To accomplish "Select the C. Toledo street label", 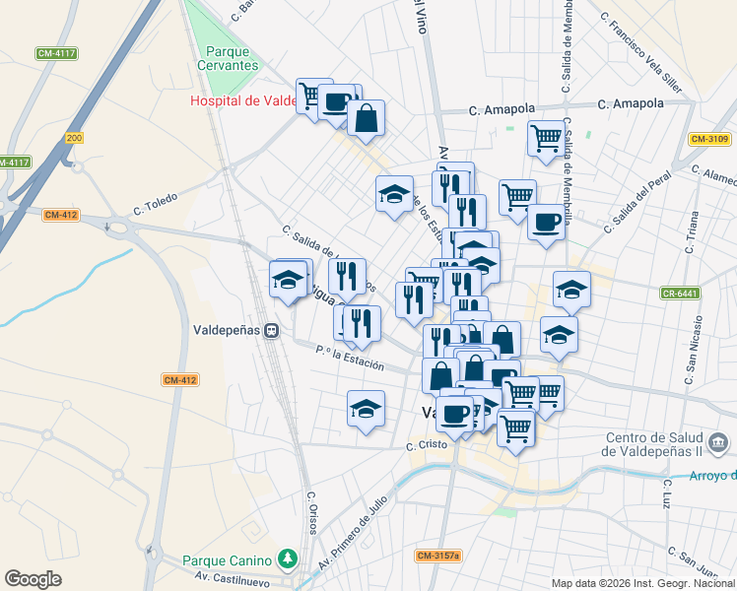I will point(155,204).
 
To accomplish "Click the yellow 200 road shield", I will point(74,138).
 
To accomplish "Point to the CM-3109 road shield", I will point(708,139).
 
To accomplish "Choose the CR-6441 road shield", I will point(679,293).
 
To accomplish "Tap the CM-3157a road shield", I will point(437,557).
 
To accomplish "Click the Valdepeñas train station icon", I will point(270,331).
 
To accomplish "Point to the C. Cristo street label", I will point(428,445).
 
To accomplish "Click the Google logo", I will point(33,579).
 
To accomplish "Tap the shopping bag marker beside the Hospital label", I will point(366,119).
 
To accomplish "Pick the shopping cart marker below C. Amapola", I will point(545,138).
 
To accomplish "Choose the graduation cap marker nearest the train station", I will point(288,280).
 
